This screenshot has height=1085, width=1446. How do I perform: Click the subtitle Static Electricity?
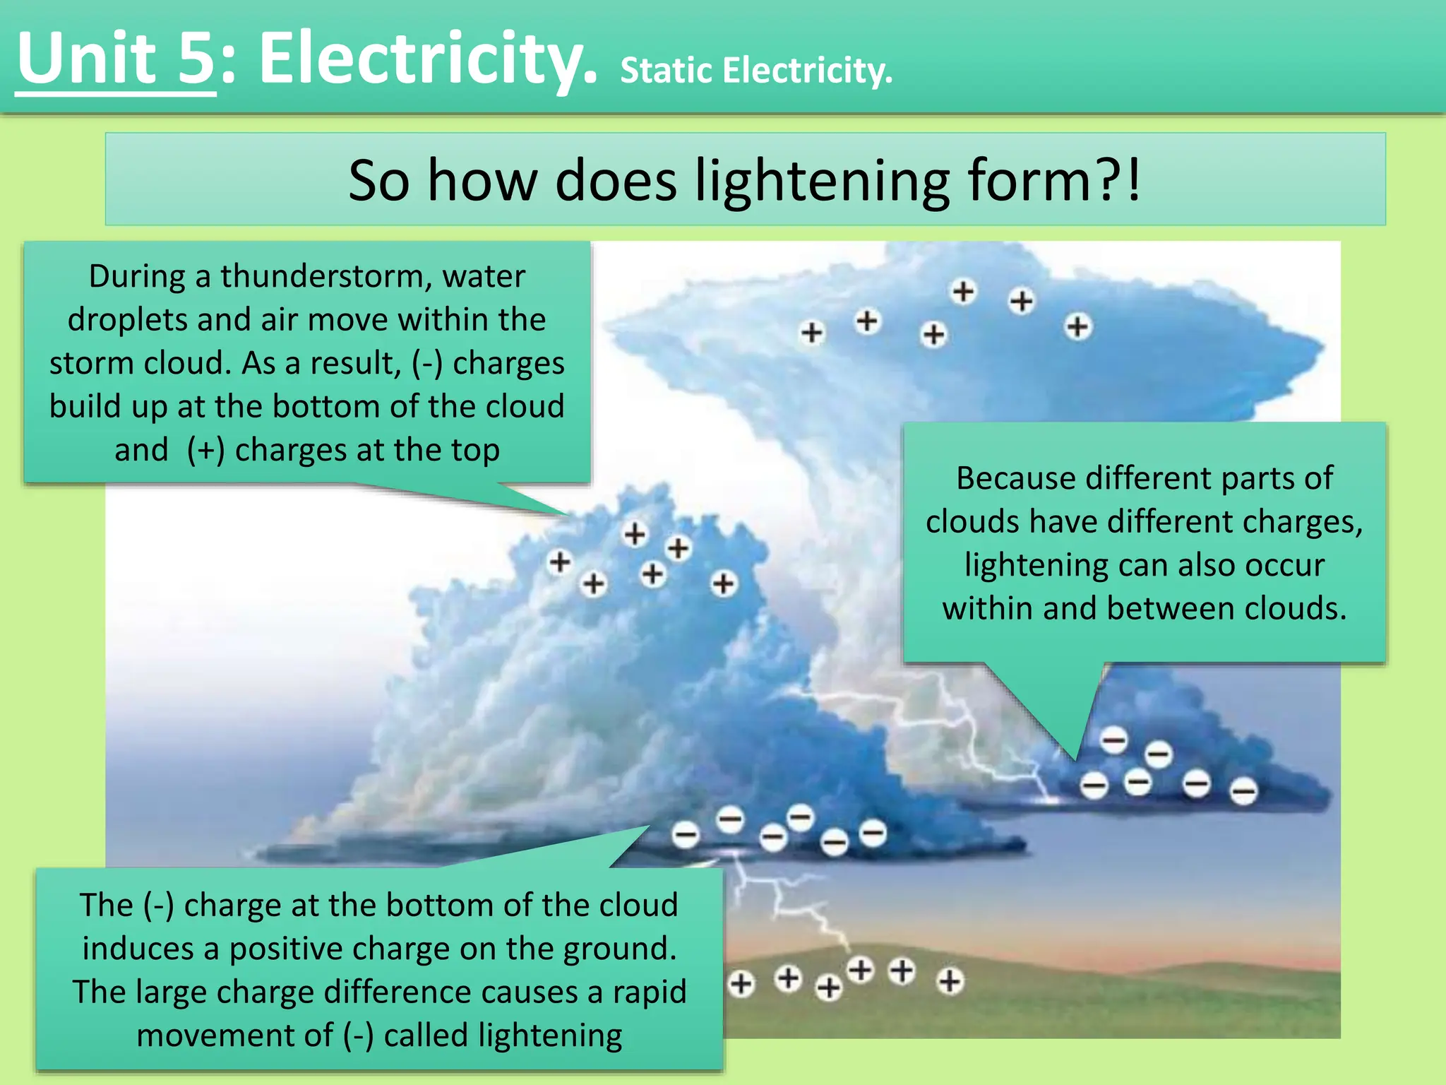(x=755, y=71)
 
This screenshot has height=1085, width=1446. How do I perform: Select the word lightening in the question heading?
(x=822, y=181)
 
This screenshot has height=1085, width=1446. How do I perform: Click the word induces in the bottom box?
(x=138, y=949)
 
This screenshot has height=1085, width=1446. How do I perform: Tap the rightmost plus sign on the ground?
(x=950, y=980)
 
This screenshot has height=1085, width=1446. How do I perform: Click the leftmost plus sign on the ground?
(x=741, y=983)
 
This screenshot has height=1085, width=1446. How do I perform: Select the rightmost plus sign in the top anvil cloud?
(x=1077, y=327)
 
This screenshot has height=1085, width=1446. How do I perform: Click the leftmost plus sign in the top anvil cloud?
(x=812, y=332)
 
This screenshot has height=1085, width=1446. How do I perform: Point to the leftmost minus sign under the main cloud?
(x=685, y=835)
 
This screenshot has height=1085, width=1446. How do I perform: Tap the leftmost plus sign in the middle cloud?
(x=560, y=562)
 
